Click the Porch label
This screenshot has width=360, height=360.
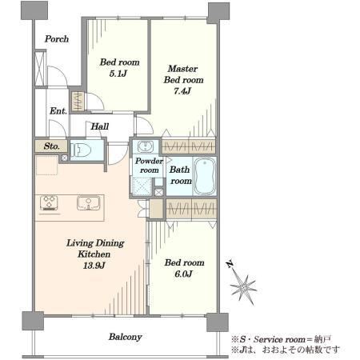(x=57, y=39)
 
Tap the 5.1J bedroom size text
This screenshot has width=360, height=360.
(x=118, y=74)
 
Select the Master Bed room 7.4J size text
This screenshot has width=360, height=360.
(x=182, y=91)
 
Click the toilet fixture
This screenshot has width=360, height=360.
(x=82, y=150)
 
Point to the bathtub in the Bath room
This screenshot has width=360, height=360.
(x=205, y=176)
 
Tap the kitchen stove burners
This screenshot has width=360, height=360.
(x=49, y=202)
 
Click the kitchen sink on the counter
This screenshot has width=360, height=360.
(x=89, y=203)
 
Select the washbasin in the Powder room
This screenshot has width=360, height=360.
(x=146, y=146)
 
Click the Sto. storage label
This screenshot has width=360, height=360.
(x=51, y=146)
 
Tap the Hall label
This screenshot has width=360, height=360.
(x=100, y=126)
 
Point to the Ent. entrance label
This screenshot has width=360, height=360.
(x=58, y=111)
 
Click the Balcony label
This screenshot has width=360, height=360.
(x=125, y=337)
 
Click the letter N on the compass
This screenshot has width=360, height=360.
(x=230, y=264)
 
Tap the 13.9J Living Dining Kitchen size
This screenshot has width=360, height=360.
(x=94, y=266)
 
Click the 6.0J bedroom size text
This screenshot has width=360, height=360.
(x=183, y=274)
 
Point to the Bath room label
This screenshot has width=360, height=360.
(x=181, y=175)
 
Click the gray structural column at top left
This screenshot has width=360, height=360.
(x=34, y=10)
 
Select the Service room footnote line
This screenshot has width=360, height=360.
(x=281, y=339)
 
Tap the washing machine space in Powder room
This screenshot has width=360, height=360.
(x=142, y=186)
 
